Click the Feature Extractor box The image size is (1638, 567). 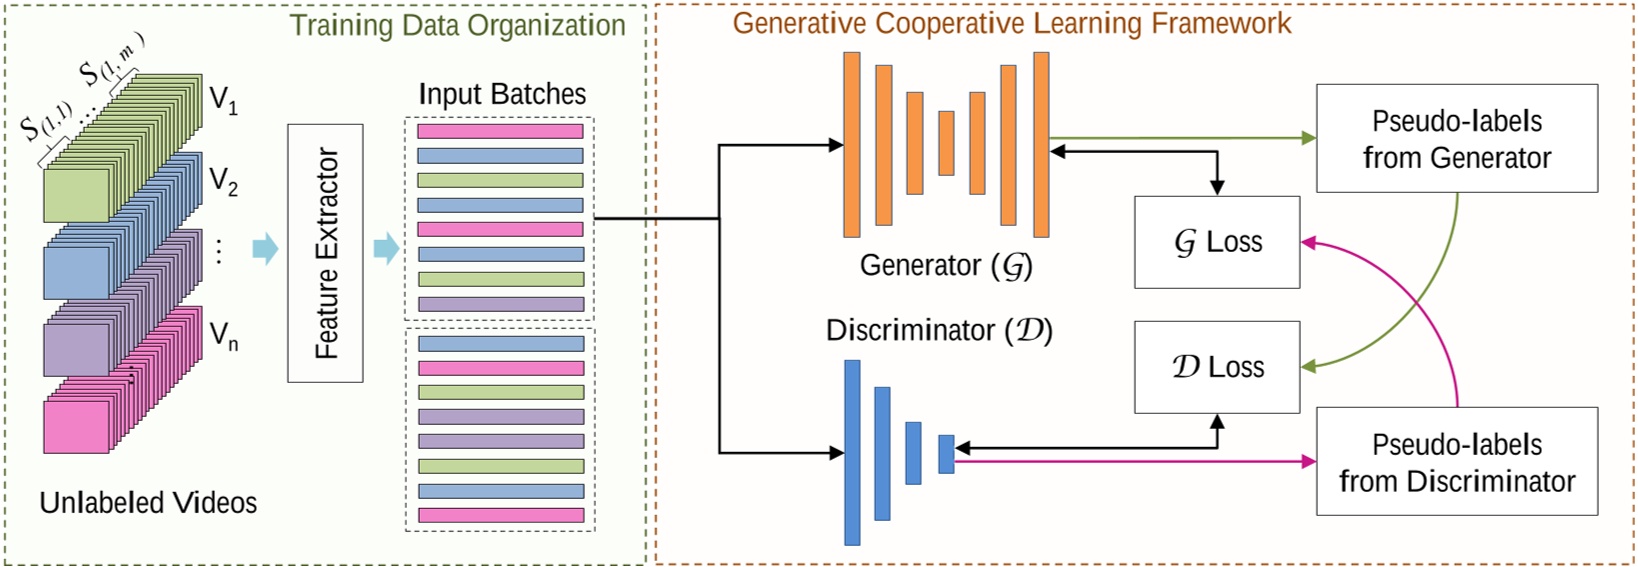[x=325, y=253]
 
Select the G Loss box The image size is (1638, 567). [x=1217, y=242]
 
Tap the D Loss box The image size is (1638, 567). [x=1217, y=367]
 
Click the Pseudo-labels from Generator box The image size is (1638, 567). [x=1456, y=138]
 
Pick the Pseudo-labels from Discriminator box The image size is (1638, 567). [x=1456, y=461]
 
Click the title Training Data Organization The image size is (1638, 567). [x=457, y=25]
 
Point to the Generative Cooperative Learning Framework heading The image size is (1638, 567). [x=1011, y=23]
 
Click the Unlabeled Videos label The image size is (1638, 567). [x=148, y=502]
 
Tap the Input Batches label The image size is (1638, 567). [x=502, y=94]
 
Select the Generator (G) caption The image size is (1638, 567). [x=945, y=266]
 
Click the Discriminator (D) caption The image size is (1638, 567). [x=939, y=331]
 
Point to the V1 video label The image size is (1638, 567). [x=223, y=100]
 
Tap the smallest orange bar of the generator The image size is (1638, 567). [x=946, y=143]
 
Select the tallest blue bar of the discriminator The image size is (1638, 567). [x=852, y=452]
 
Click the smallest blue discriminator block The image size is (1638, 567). [x=946, y=454]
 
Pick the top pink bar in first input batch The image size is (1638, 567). [x=500, y=131]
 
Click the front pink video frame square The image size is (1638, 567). [x=76, y=427]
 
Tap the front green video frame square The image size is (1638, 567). [x=76, y=195]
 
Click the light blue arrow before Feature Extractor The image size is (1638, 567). [x=265, y=248]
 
